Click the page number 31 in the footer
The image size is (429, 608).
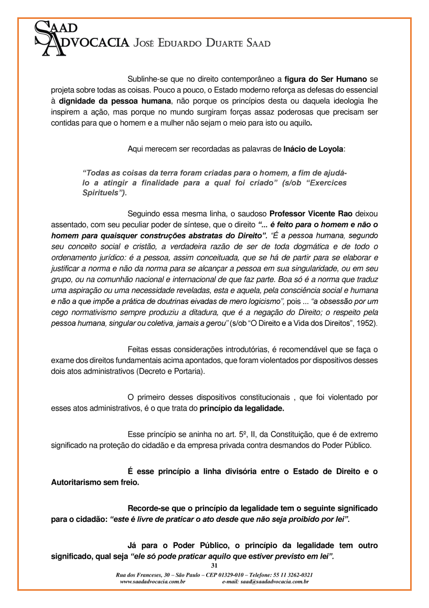pyautogui.click(x=214, y=565)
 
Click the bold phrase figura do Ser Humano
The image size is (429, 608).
pyautogui.click(x=325, y=80)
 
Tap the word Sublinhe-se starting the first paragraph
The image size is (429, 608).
pyautogui.click(x=149, y=80)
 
